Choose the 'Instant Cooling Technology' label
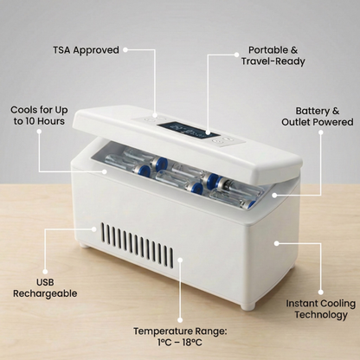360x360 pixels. click(321, 309)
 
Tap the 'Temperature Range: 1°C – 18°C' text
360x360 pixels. click(181, 336)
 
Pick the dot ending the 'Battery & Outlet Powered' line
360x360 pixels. click(275, 194)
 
